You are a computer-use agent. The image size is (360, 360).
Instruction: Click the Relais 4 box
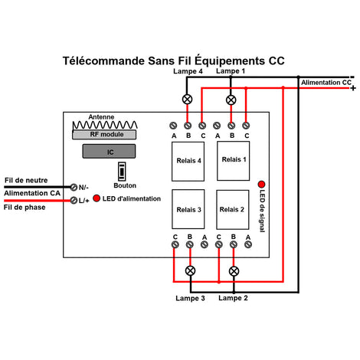click(188, 162)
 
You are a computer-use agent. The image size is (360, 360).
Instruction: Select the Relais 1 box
click(234, 161)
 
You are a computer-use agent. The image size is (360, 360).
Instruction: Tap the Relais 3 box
click(188, 209)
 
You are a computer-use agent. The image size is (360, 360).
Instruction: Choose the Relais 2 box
click(233, 210)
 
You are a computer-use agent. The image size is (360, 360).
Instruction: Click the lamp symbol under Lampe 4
click(188, 99)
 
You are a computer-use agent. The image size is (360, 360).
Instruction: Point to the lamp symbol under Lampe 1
click(231, 100)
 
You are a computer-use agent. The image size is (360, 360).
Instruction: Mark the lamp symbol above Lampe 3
click(190, 270)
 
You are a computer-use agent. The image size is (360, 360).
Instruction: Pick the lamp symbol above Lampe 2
click(234, 271)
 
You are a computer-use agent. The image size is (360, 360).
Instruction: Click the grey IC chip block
click(109, 151)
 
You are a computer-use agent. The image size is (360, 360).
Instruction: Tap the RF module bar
click(104, 135)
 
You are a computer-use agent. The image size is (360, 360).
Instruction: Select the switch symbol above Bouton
click(122, 172)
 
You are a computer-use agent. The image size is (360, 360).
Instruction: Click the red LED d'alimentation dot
click(97, 198)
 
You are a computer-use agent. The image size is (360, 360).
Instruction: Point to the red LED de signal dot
click(261, 185)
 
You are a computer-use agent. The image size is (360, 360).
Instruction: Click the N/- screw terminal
click(74, 187)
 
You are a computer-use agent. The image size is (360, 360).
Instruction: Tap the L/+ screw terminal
click(74, 200)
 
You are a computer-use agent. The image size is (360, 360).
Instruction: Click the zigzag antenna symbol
click(105, 125)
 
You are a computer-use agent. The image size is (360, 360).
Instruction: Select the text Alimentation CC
click(326, 83)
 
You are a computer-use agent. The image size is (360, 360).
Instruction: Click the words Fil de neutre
click(26, 180)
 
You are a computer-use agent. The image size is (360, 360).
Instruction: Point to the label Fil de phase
click(25, 208)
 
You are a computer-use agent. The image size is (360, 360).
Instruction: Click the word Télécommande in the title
click(103, 61)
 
